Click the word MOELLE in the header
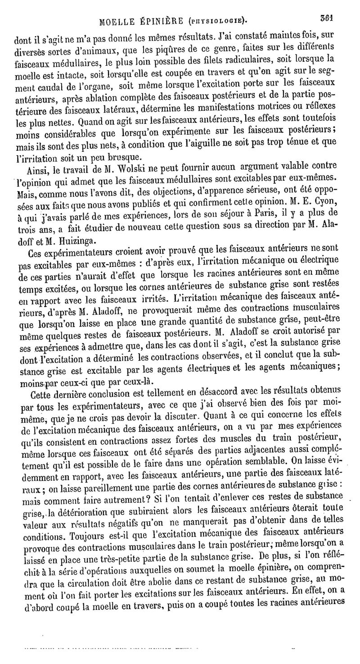point(117,21)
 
